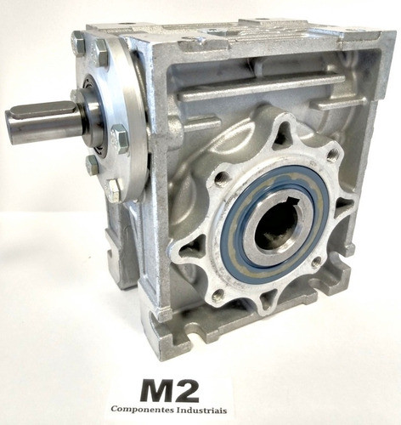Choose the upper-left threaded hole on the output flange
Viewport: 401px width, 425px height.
click(x=223, y=178)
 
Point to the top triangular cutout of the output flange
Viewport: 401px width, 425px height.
click(x=281, y=134)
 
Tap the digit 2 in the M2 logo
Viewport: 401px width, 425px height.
click(x=204, y=391)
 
